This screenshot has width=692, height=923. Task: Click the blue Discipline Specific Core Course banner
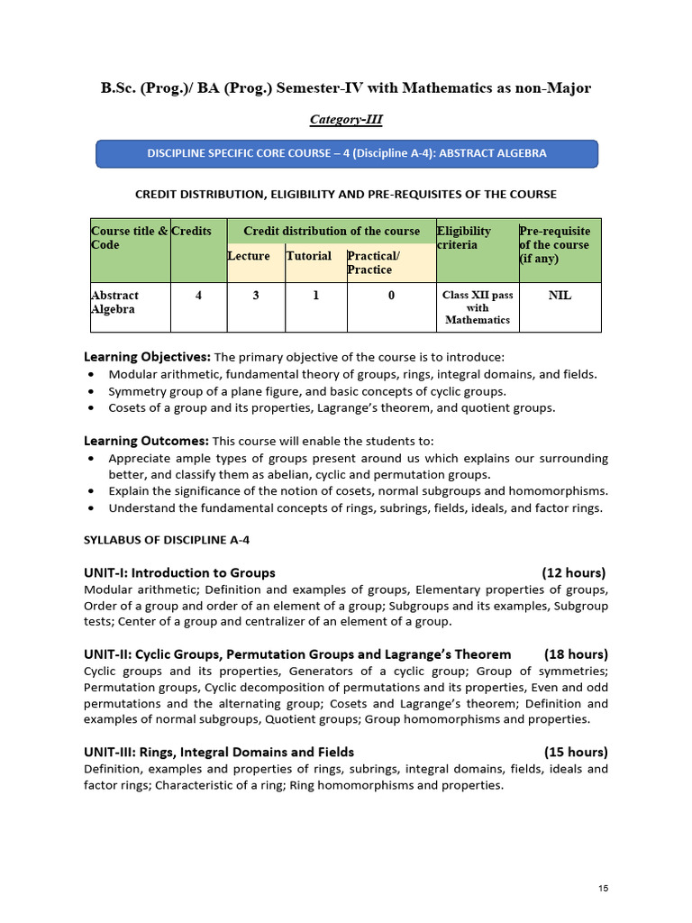pos(347,153)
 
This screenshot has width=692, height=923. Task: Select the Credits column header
pos(191,231)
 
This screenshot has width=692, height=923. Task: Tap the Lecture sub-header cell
pos(249,256)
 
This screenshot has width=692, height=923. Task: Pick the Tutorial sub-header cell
pos(309,256)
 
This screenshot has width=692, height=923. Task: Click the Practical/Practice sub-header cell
pos(390,262)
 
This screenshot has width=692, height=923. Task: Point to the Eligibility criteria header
pos(464,238)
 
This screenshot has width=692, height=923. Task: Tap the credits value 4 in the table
pos(197,295)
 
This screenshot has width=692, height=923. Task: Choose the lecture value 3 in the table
pos(255,295)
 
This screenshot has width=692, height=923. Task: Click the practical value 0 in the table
pos(391,295)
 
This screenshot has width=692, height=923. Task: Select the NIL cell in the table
pos(560,295)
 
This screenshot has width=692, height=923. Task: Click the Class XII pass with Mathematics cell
pos(477,307)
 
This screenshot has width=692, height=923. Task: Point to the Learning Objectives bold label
pos(147,356)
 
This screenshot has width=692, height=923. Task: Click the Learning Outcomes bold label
pos(146,441)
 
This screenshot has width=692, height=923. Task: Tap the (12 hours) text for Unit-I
pos(574,572)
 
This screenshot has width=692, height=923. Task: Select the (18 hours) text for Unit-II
pos(576,653)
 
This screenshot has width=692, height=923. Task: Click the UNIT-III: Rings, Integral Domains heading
pos(219,752)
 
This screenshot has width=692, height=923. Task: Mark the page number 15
pos(603,889)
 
